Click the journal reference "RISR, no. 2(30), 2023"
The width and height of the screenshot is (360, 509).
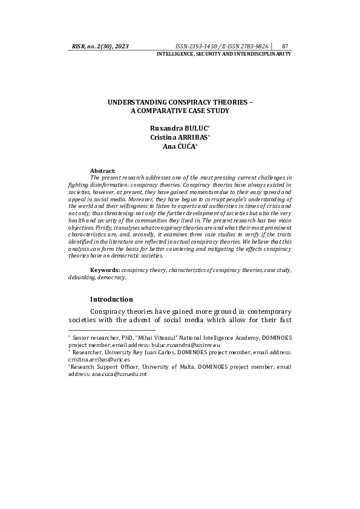(x=100, y=46)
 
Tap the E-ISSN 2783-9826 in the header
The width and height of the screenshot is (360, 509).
(x=246, y=46)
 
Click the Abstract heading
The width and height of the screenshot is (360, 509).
(x=102, y=171)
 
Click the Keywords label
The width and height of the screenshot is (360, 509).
(x=105, y=269)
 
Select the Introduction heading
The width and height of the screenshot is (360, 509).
(x=111, y=299)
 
